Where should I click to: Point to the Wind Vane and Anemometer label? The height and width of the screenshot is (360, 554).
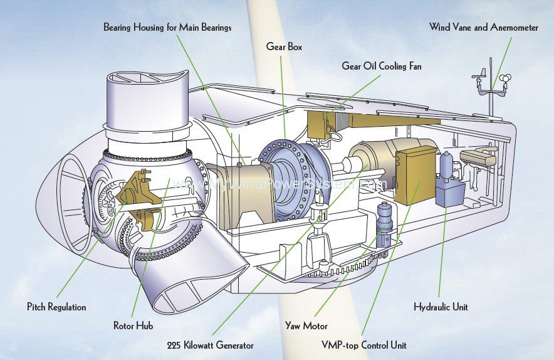click(483, 27)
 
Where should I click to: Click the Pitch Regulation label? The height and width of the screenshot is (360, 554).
click(56, 307)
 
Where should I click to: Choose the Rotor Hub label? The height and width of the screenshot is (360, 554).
click(133, 326)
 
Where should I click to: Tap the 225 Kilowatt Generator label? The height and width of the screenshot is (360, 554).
click(210, 345)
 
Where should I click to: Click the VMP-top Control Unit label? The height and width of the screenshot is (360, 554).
click(363, 345)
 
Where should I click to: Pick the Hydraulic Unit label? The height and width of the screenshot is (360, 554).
click(441, 307)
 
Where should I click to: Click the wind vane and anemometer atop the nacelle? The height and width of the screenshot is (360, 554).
click(492, 85)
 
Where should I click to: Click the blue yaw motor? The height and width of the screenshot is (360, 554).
click(384, 223)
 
